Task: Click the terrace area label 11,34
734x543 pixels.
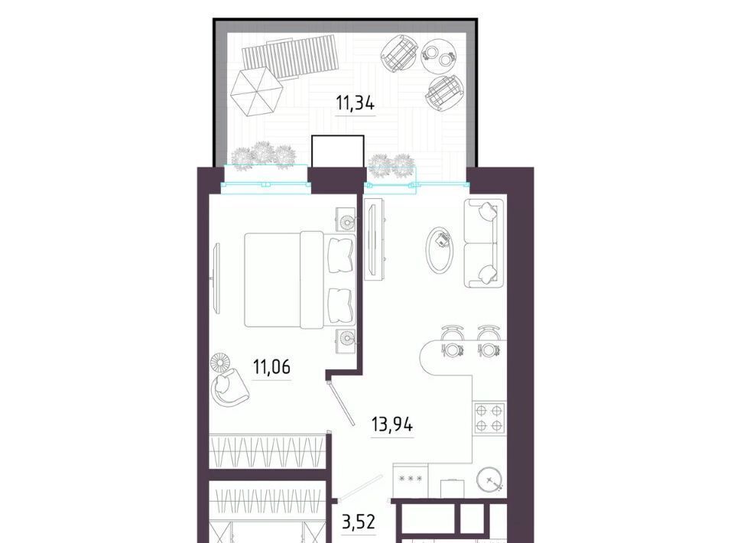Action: pos(356,103)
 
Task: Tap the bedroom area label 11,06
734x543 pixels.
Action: pos(271,366)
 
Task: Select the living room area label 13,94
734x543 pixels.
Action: pos(391,424)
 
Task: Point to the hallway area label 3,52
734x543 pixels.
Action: pos(359,521)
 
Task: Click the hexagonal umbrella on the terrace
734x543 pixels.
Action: pos(255,92)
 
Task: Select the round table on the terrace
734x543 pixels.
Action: pos(440,54)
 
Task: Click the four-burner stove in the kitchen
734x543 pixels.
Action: pos(489,418)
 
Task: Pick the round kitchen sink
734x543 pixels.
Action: pos(491,480)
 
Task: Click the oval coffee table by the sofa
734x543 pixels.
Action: pos(440,250)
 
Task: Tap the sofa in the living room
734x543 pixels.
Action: pos(484,243)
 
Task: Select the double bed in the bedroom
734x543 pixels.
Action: pos(300,279)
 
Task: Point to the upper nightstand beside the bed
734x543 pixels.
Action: pos(346,220)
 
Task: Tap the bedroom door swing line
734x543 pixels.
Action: pos(339,401)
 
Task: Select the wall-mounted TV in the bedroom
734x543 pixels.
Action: pos(216,278)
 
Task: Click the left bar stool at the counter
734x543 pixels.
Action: pos(452,342)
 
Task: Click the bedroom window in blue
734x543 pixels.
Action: pos(265,178)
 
